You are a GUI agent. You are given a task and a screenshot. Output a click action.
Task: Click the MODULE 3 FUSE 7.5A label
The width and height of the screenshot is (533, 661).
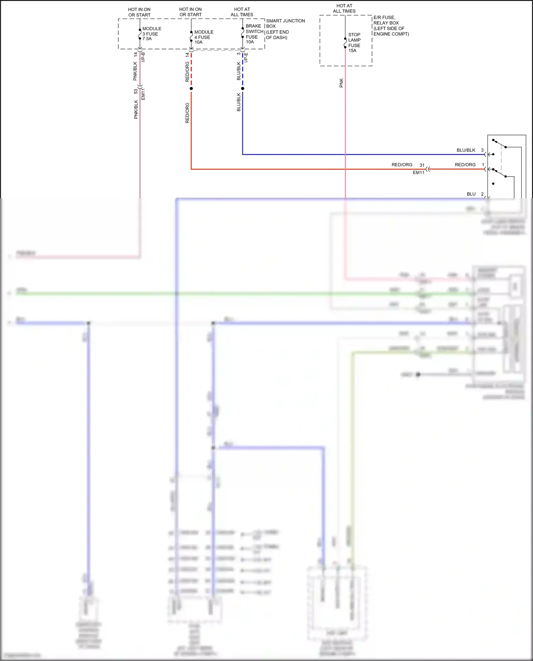point(152,34)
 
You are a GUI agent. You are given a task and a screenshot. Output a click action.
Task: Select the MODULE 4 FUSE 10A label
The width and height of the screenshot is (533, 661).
point(204,37)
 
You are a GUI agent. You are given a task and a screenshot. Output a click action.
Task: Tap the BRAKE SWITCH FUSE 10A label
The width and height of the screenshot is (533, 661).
point(254,34)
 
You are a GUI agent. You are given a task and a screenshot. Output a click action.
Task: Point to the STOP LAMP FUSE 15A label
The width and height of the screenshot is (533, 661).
point(354,43)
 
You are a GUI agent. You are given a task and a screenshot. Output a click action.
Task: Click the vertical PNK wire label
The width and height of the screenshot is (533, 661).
point(341,83)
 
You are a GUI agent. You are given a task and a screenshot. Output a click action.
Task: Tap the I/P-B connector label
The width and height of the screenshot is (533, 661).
point(143,57)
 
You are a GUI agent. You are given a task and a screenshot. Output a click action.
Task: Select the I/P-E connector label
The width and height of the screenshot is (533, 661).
point(246,58)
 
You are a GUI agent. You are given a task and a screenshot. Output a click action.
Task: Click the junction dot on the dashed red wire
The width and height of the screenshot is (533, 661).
point(191,88)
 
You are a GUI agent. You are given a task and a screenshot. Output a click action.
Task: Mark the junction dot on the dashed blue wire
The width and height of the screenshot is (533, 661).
point(243,88)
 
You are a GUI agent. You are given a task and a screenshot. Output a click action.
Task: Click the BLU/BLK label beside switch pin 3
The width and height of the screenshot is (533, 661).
point(466,150)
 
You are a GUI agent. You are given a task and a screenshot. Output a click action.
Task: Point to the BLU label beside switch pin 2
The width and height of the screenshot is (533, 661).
point(471,194)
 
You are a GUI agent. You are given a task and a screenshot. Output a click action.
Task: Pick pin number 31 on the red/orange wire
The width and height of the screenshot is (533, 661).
point(422,165)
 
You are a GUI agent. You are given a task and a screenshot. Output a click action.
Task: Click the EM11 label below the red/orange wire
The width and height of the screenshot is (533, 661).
point(419,173)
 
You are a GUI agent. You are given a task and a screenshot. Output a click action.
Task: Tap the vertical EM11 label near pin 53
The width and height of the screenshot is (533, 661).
point(143,94)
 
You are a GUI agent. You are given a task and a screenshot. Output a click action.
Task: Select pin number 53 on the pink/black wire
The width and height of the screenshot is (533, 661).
point(136,91)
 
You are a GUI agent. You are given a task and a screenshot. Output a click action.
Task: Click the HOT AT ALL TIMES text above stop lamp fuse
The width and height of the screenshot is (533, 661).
point(344,9)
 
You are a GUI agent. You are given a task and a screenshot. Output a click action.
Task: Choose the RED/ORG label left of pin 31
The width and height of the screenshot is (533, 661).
point(402,165)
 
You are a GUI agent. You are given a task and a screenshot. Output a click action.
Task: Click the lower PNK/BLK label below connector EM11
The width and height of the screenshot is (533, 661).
point(136,109)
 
